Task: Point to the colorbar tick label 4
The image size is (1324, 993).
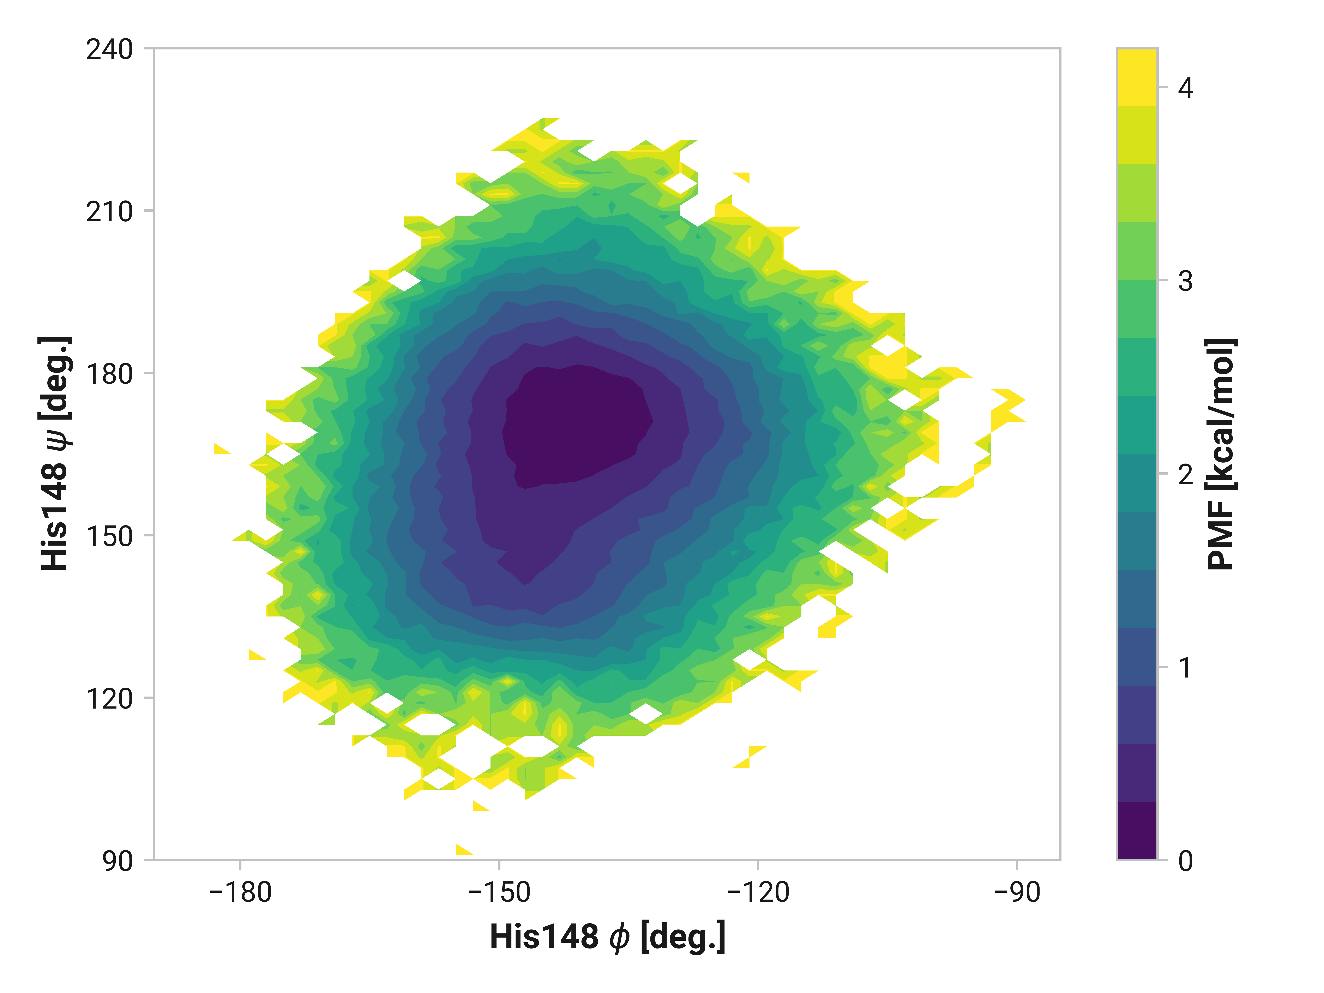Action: [1185, 88]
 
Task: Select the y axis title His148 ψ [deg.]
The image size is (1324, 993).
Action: [55, 453]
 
